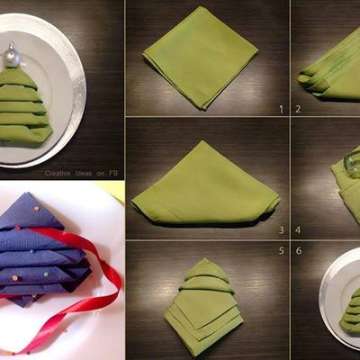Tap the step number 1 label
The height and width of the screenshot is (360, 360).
[281, 109]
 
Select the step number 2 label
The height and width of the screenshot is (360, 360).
[298, 109]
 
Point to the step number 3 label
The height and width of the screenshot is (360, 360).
[281, 230]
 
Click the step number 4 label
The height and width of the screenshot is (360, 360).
[298, 230]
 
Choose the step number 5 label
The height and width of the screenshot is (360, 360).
[281, 251]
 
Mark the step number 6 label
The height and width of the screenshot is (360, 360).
[298, 251]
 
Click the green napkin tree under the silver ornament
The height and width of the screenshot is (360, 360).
[24, 108]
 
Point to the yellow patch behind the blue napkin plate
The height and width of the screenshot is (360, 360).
[112, 188]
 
